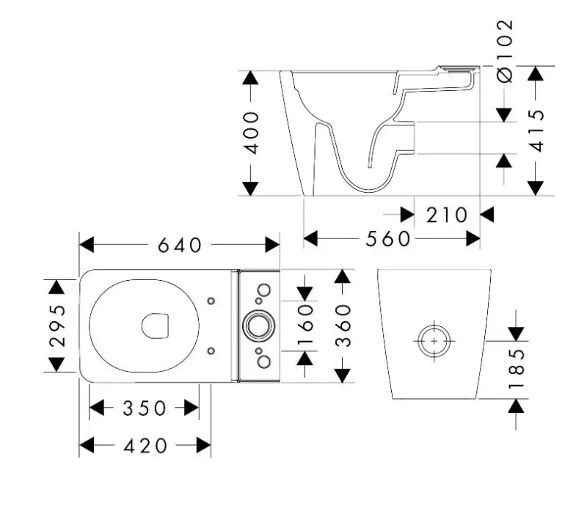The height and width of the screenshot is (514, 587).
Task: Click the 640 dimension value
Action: click(x=180, y=246)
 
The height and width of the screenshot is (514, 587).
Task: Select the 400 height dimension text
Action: click(x=251, y=133)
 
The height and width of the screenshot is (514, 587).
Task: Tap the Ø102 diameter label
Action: click(x=505, y=51)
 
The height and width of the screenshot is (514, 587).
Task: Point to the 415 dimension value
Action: click(x=536, y=131)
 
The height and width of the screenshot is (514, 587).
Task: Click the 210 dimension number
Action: click(x=447, y=215)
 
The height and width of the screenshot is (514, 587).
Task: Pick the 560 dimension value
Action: click(x=388, y=239)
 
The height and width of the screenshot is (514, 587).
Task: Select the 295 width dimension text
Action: click(x=57, y=325)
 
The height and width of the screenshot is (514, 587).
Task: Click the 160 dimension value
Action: click(x=305, y=325)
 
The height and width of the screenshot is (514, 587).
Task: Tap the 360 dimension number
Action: click(x=343, y=326)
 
